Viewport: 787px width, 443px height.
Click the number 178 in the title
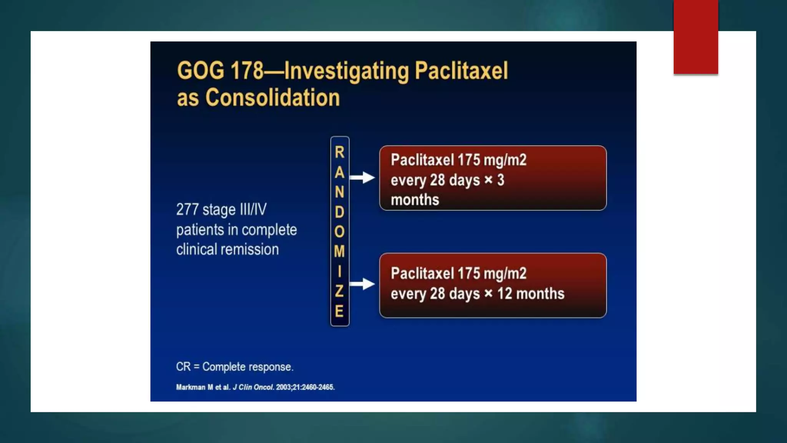click(x=247, y=71)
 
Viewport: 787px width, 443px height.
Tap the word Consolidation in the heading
click(x=272, y=98)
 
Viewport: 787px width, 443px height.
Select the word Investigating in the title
click(x=346, y=72)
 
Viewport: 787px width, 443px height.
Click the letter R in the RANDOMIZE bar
click(x=340, y=152)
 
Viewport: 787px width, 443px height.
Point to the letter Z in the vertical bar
click(x=339, y=291)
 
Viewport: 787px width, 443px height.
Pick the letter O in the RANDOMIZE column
click(x=339, y=232)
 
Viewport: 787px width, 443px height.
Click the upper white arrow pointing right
click(x=362, y=177)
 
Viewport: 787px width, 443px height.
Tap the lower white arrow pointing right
click(x=362, y=284)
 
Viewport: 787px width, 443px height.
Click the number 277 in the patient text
click(x=187, y=210)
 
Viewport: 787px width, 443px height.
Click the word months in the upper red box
click(x=415, y=200)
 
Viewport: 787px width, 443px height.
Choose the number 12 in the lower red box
click(x=505, y=294)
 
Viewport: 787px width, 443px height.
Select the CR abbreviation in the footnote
click(x=183, y=367)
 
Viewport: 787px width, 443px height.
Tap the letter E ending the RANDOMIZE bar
click(x=339, y=311)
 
